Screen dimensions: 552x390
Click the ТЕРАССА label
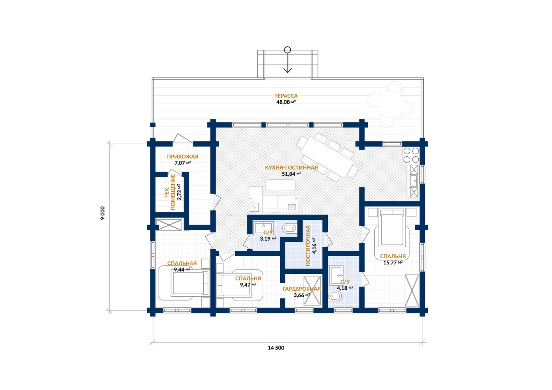[286, 96]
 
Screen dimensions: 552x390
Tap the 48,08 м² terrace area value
[286, 102]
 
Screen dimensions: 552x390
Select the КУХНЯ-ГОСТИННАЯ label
[291, 168]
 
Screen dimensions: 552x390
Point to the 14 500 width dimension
[276, 348]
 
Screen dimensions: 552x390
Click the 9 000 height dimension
[103, 213]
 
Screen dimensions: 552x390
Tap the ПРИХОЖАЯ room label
[183, 157]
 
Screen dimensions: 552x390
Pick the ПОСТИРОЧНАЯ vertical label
[308, 245]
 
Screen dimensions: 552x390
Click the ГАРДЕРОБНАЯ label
[302, 289]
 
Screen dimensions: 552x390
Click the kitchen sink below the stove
[414, 180]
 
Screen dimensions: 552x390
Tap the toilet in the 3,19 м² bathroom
[290, 228]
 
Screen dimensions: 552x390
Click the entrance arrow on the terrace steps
[288, 60]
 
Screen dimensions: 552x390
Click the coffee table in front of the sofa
[280, 185]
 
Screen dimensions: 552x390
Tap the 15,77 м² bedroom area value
[393, 263]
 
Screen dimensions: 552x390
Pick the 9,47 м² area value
[248, 285]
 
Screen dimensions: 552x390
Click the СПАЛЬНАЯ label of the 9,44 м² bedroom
[182, 264]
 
